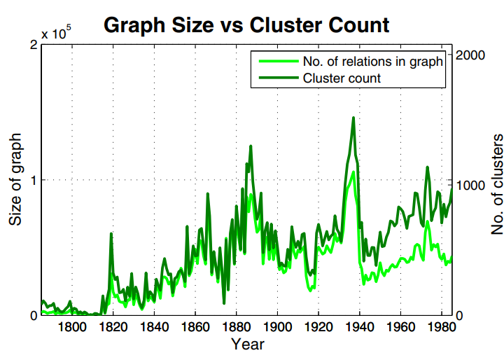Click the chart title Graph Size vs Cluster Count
pyautogui.click(x=246, y=25)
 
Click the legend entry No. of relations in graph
pyautogui.click(x=372, y=61)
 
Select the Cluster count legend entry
pyautogui.click(x=342, y=78)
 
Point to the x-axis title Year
pyautogui.click(x=248, y=345)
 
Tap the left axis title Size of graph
pyautogui.click(x=15, y=179)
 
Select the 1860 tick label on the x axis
pyautogui.click(x=195, y=327)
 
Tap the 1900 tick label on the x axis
pyautogui.click(x=277, y=327)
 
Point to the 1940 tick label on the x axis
pyautogui.click(x=360, y=327)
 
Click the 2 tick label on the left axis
pyautogui.click(x=33, y=45)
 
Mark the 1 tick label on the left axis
pyautogui.click(x=33, y=180)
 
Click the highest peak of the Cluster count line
pyautogui.click(x=353, y=118)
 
